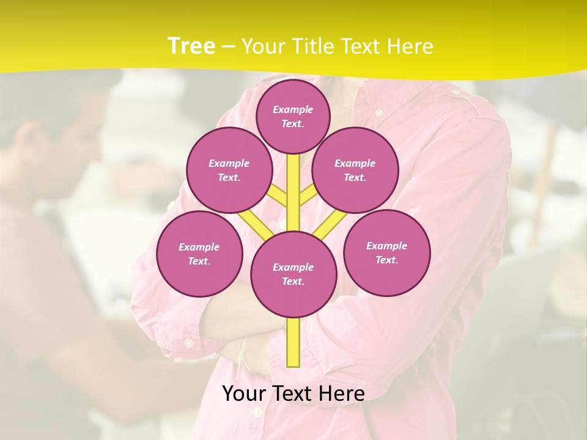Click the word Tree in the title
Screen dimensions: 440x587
[x=191, y=46]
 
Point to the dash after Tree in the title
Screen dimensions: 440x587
[x=228, y=47]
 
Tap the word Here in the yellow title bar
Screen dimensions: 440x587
[x=410, y=46]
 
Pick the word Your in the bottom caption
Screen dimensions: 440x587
[x=245, y=394]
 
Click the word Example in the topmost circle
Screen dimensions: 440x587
[x=293, y=109]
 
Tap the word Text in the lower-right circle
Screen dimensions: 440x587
[x=387, y=260]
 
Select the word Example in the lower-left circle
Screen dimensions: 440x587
[x=199, y=247]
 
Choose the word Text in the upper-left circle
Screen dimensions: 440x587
[x=229, y=177]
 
